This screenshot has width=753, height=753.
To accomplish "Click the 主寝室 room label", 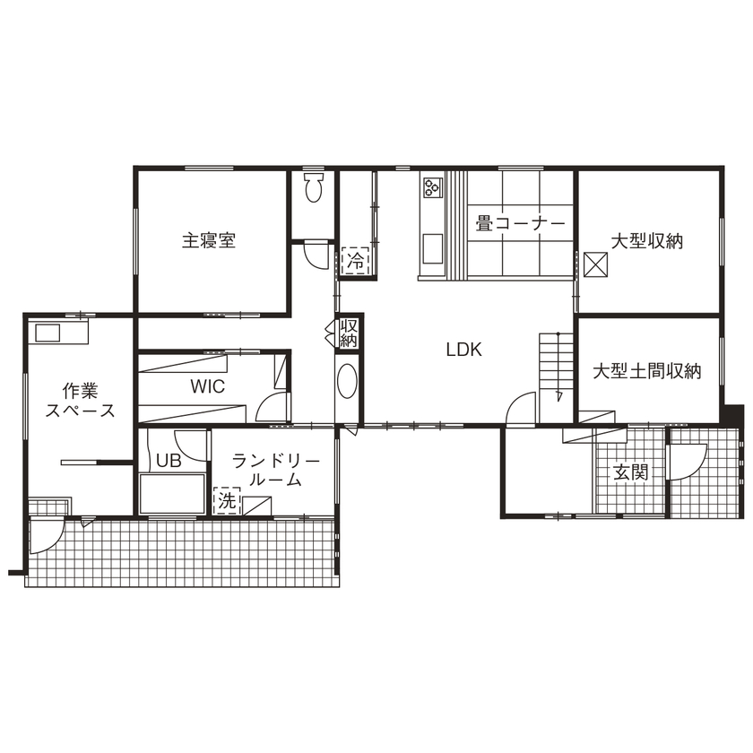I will [209, 241].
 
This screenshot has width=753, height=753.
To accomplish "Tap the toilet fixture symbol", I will [313, 189].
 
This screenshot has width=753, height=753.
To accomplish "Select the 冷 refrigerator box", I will [356, 261].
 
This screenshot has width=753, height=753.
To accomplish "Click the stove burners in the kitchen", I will [433, 187].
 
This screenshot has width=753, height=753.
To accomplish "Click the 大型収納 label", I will [648, 241].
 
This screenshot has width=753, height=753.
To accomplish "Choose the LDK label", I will [464, 351].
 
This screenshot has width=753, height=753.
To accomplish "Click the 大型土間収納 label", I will [647, 370].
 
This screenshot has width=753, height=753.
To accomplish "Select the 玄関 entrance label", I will [630, 472].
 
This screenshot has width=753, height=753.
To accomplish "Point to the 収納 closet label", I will [349, 333].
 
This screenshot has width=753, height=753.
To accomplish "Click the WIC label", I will [207, 386].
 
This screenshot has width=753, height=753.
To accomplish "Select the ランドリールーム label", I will [275, 470].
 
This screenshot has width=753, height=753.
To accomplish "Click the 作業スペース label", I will [80, 401].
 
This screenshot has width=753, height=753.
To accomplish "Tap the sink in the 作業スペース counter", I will [48, 333].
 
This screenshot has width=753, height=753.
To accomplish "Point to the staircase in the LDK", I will [555, 363].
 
